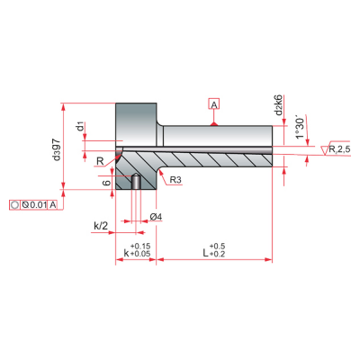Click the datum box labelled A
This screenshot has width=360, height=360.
214,103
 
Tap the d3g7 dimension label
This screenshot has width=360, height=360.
57,149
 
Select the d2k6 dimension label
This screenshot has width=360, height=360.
279,105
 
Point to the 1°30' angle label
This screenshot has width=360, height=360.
301,128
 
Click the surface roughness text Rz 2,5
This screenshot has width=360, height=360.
339,149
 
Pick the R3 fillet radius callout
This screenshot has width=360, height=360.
175,180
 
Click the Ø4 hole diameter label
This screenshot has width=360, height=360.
156,217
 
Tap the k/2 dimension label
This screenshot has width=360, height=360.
101,226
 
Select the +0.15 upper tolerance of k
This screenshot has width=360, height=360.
140,247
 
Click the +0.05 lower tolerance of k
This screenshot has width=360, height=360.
140,254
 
